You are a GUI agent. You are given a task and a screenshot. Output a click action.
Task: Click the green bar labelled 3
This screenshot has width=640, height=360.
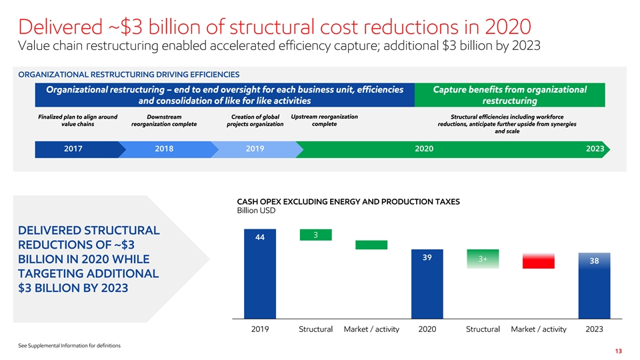315,235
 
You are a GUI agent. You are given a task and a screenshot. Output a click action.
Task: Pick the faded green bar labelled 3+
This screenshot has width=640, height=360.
482,260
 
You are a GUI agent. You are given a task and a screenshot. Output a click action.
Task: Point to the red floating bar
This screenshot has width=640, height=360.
538,261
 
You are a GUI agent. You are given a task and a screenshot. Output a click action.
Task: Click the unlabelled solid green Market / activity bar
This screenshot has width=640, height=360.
371,245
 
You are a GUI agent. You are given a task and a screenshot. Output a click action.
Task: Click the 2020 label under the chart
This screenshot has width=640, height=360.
427,329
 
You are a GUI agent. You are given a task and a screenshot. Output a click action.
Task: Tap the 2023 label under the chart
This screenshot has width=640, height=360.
594,329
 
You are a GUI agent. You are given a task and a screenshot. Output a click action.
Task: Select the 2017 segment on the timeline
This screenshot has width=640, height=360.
73,149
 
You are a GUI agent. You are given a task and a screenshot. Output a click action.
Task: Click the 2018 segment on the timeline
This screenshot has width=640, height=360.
164,149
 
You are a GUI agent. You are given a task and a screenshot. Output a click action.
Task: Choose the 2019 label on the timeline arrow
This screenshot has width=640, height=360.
255,149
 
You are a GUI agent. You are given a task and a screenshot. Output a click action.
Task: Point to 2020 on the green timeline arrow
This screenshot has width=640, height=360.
424,149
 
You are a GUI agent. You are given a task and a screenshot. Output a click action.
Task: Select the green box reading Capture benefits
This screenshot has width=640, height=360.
509,95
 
